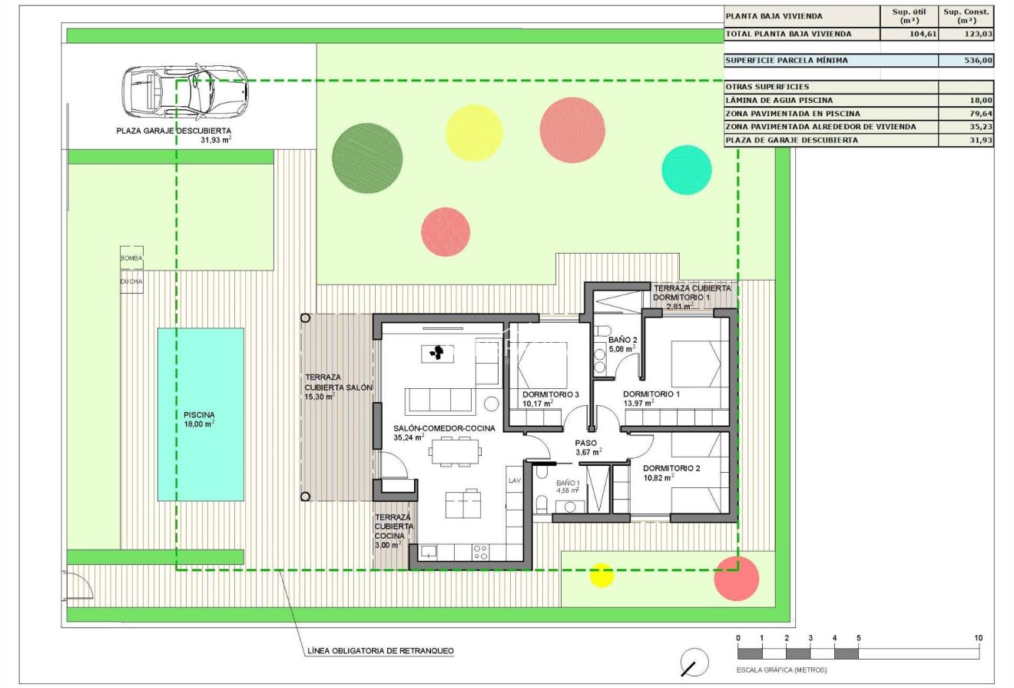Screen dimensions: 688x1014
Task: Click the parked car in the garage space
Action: (184, 88)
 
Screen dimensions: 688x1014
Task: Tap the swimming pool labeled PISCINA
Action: (200, 414)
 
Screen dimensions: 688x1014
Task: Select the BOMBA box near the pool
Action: (131, 258)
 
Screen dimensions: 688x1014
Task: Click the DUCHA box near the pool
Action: (131, 281)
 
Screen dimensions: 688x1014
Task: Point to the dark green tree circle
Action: (368, 158)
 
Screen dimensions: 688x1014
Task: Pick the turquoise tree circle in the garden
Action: (687, 170)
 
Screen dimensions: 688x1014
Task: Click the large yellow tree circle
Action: (474, 132)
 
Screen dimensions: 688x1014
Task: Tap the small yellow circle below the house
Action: (601, 574)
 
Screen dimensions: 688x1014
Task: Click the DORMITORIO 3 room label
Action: (550, 394)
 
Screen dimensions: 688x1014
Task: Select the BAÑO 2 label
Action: (623, 340)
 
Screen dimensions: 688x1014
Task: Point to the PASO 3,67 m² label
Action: (588, 447)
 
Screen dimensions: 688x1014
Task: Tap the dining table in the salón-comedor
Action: (456, 451)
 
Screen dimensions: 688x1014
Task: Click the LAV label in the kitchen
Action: (514, 480)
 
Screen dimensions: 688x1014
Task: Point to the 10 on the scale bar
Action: (978, 638)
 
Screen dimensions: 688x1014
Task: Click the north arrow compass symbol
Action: (694, 662)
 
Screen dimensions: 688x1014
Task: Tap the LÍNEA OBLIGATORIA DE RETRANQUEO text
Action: (380, 651)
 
